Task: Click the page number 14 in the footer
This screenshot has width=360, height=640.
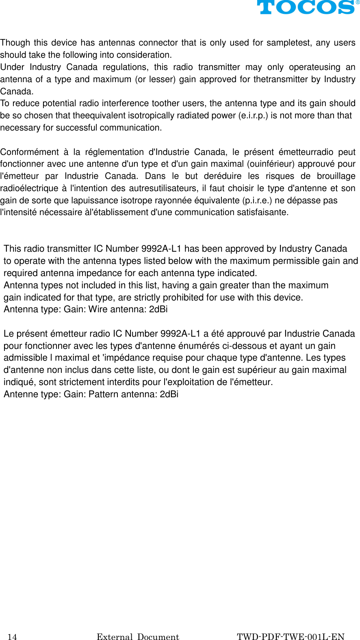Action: pyautogui.click(x=13, y=637)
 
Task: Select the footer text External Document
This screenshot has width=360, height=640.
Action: pyautogui.click(x=138, y=637)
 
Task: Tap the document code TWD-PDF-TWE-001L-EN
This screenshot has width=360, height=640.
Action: pyautogui.click(x=291, y=637)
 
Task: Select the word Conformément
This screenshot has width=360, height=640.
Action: pyautogui.click(x=29, y=152)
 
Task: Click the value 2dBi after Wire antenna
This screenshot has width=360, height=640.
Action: pyautogui.click(x=158, y=309)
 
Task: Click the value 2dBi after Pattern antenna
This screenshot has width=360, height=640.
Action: pyautogui.click(x=169, y=394)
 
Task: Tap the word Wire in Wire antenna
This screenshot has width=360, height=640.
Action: pyautogui.click(x=98, y=309)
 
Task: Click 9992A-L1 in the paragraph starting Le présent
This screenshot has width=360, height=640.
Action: pyautogui.click(x=180, y=334)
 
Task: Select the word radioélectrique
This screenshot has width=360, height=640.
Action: pyautogui.click(x=29, y=188)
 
